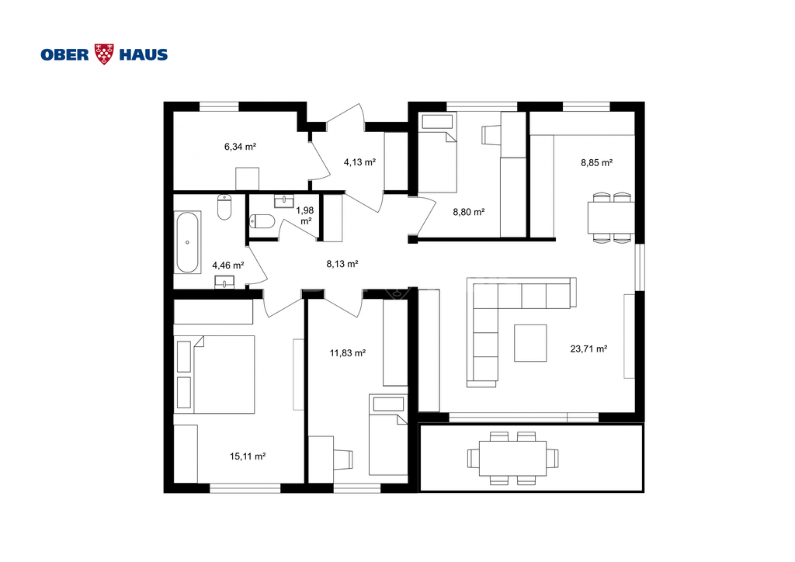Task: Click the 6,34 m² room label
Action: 240,147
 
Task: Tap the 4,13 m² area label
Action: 359,162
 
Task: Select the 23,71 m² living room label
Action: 588,349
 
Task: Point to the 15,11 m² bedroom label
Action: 248,456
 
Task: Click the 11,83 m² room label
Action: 348,352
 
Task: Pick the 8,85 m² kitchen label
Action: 597,163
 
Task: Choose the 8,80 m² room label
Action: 468,212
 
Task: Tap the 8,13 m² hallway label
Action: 342,263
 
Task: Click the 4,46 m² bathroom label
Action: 228,265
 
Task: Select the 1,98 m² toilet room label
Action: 305,215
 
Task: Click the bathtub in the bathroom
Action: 187,242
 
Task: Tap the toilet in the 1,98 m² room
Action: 262,221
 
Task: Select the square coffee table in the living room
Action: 530,343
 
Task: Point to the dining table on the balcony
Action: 513,459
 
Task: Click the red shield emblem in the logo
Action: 105,54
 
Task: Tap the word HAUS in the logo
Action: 144,55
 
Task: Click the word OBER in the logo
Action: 65,55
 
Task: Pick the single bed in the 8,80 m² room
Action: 437,153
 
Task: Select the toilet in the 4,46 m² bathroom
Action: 224,206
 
